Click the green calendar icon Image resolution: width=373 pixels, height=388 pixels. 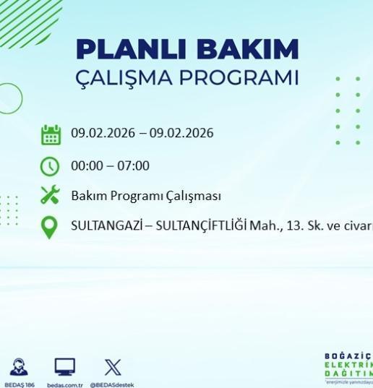coord(51,134)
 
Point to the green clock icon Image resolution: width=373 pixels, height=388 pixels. coord(50,166)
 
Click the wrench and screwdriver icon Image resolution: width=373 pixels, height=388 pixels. coord(50,196)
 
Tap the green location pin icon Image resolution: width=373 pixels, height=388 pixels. coord(49,227)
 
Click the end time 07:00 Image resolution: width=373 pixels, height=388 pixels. coord(134,166)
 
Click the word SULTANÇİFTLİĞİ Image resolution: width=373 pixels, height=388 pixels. coord(200,225)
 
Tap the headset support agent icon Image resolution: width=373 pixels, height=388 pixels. coord(20,367)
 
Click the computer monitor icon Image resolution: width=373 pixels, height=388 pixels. coord(65,367)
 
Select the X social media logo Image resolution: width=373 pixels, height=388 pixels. coord(112,367)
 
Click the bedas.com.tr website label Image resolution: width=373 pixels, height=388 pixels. coord(65,384)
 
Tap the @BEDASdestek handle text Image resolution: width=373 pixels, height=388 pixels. coord(112,384)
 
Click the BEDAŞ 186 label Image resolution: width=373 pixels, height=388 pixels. coord(20,384)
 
